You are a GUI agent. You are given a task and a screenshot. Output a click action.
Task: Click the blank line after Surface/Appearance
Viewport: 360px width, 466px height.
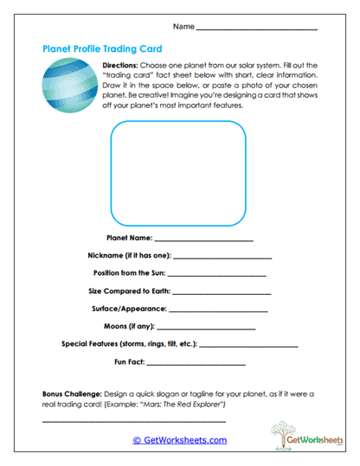click(219, 310)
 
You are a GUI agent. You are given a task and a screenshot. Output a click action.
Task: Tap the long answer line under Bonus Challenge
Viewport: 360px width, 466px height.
click(133, 421)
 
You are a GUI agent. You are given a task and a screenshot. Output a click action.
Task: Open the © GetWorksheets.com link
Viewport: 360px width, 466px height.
click(180, 440)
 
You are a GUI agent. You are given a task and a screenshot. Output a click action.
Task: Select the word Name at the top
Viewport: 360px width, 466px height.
click(183, 27)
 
